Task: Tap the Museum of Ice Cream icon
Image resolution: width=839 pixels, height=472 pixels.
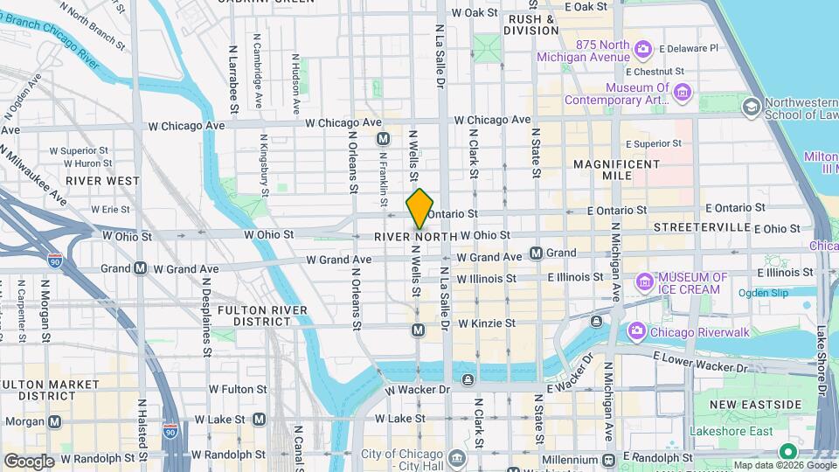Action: click(x=645, y=282)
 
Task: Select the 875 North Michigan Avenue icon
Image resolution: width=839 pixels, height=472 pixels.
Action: click(x=643, y=49)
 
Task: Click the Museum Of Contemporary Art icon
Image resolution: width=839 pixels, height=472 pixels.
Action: click(x=683, y=93)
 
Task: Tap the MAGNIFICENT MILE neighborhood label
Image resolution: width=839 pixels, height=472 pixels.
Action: click(x=617, y=170)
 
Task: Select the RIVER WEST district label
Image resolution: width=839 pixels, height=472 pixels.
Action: click(x=102, y=181)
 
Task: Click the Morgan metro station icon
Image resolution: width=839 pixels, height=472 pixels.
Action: click(x=55, y=421)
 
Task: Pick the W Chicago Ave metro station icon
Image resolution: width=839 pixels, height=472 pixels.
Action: click(x=383, y=139)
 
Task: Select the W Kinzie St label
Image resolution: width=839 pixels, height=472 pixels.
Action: click(x=485, y=323)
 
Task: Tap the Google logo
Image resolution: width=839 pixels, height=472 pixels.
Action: click(x=29, y=461)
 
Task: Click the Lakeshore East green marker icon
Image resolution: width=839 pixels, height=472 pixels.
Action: click(x=787, y=452)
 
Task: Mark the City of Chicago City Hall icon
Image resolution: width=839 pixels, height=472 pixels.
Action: click(x=457, y=457)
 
